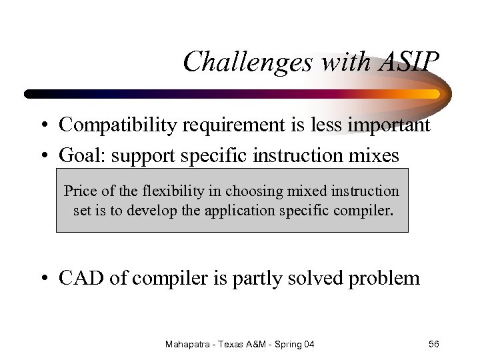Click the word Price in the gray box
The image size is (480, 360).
click(x=81, y=191)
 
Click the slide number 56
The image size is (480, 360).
click(x=433, y=344)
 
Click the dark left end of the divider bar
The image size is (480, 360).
click(x=30, y=94)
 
